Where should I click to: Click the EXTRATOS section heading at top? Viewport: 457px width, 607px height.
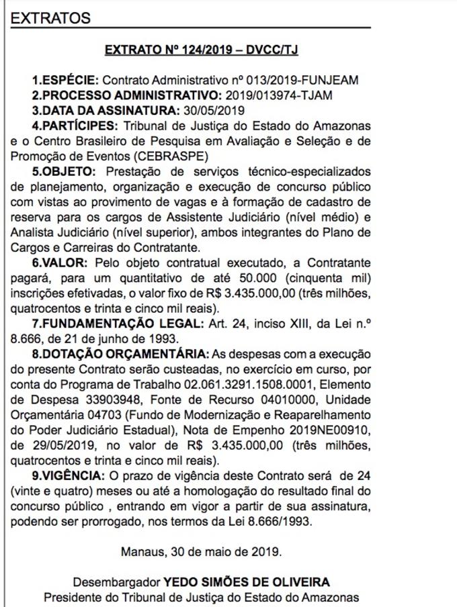point(50,18)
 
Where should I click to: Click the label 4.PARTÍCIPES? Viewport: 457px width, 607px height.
point(74,125)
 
